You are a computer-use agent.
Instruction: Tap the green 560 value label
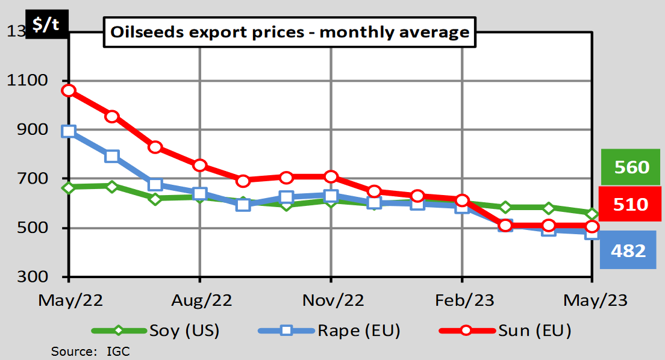[631, 167]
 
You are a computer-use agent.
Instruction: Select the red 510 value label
[631, 204]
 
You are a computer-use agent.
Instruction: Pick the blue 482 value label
[627, 250]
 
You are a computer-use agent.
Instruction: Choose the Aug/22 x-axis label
[199, 300]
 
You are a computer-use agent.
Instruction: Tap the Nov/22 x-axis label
[331, 300]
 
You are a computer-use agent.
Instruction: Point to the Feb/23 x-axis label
[462, 300]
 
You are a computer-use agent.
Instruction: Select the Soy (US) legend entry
[155, 331]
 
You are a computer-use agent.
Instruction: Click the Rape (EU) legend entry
[328, 331]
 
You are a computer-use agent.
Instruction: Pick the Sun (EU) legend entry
[505, 331]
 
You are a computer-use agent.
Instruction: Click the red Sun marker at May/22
[69, 91]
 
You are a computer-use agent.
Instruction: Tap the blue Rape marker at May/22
[69, 132]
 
